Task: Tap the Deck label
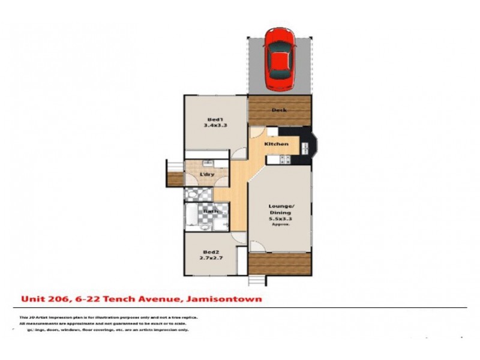pos(279,110)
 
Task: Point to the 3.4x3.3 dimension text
pos(214,126)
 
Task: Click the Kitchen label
pos(278,144)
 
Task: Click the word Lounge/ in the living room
pos(280,206)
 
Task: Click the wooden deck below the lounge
pos(280,263)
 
